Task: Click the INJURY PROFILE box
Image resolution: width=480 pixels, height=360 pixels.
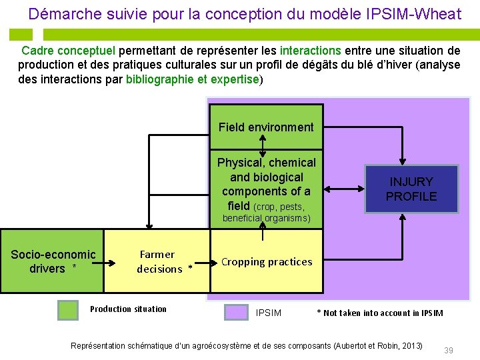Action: click(x=411, y=189)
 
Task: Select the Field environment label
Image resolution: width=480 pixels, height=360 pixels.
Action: click(x=266, y=127)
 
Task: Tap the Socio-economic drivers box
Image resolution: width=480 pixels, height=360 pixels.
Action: click(x=53, y=261)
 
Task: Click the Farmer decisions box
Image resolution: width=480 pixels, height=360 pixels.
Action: click(x=157, y=261)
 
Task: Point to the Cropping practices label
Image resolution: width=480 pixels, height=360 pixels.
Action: click(x=267, y=262)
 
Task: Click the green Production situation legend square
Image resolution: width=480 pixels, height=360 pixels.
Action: click(x=68, y=311)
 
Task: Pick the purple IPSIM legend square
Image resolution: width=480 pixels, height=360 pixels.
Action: click(x=236, y=312)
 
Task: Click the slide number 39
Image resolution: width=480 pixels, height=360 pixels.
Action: click(x=449, y=351)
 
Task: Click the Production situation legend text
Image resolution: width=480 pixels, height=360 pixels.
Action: click(x=128, y=309)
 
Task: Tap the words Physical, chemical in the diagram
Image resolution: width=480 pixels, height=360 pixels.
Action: click(x=266, y=163)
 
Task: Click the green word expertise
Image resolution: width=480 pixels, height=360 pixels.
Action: click(x=234, y=79)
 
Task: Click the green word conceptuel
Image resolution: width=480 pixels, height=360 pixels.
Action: click(x=87, y=50)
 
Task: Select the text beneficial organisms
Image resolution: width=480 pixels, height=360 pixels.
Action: click(x=266, y=218)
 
